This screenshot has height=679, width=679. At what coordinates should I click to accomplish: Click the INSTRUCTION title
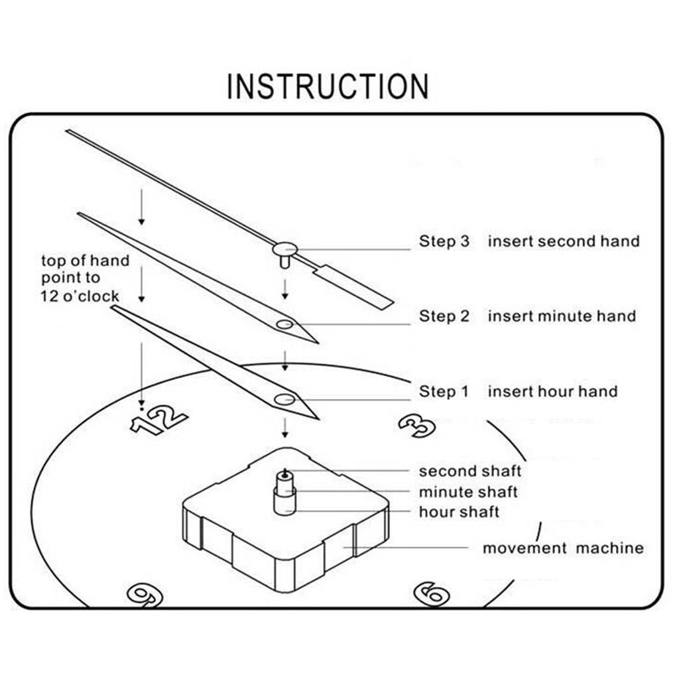[328, 87]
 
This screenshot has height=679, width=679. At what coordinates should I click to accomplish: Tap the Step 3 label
[444, 241]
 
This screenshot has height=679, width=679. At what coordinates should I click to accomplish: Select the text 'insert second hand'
[564, 241]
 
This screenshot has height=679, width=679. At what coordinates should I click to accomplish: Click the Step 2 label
[444, 316]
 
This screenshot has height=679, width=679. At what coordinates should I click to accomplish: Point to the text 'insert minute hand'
[562, 316]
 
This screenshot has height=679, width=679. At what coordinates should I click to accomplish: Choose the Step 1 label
[443, 392]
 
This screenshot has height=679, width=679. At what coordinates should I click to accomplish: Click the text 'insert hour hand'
[552, 392]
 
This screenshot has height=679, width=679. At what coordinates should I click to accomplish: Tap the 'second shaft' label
[469, 471]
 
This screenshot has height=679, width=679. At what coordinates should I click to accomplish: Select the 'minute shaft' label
[468, 492]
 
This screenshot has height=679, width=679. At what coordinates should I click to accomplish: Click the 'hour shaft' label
[459, 512]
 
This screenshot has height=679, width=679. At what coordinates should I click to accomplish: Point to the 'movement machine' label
[562, 548]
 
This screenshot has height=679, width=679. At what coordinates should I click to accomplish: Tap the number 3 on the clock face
[417, 426]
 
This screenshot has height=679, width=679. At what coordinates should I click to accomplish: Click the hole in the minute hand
[285, 324]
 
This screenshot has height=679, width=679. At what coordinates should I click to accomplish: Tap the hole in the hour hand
[285, 399]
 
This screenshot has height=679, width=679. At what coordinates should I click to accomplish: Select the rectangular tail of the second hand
[354, 286]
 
